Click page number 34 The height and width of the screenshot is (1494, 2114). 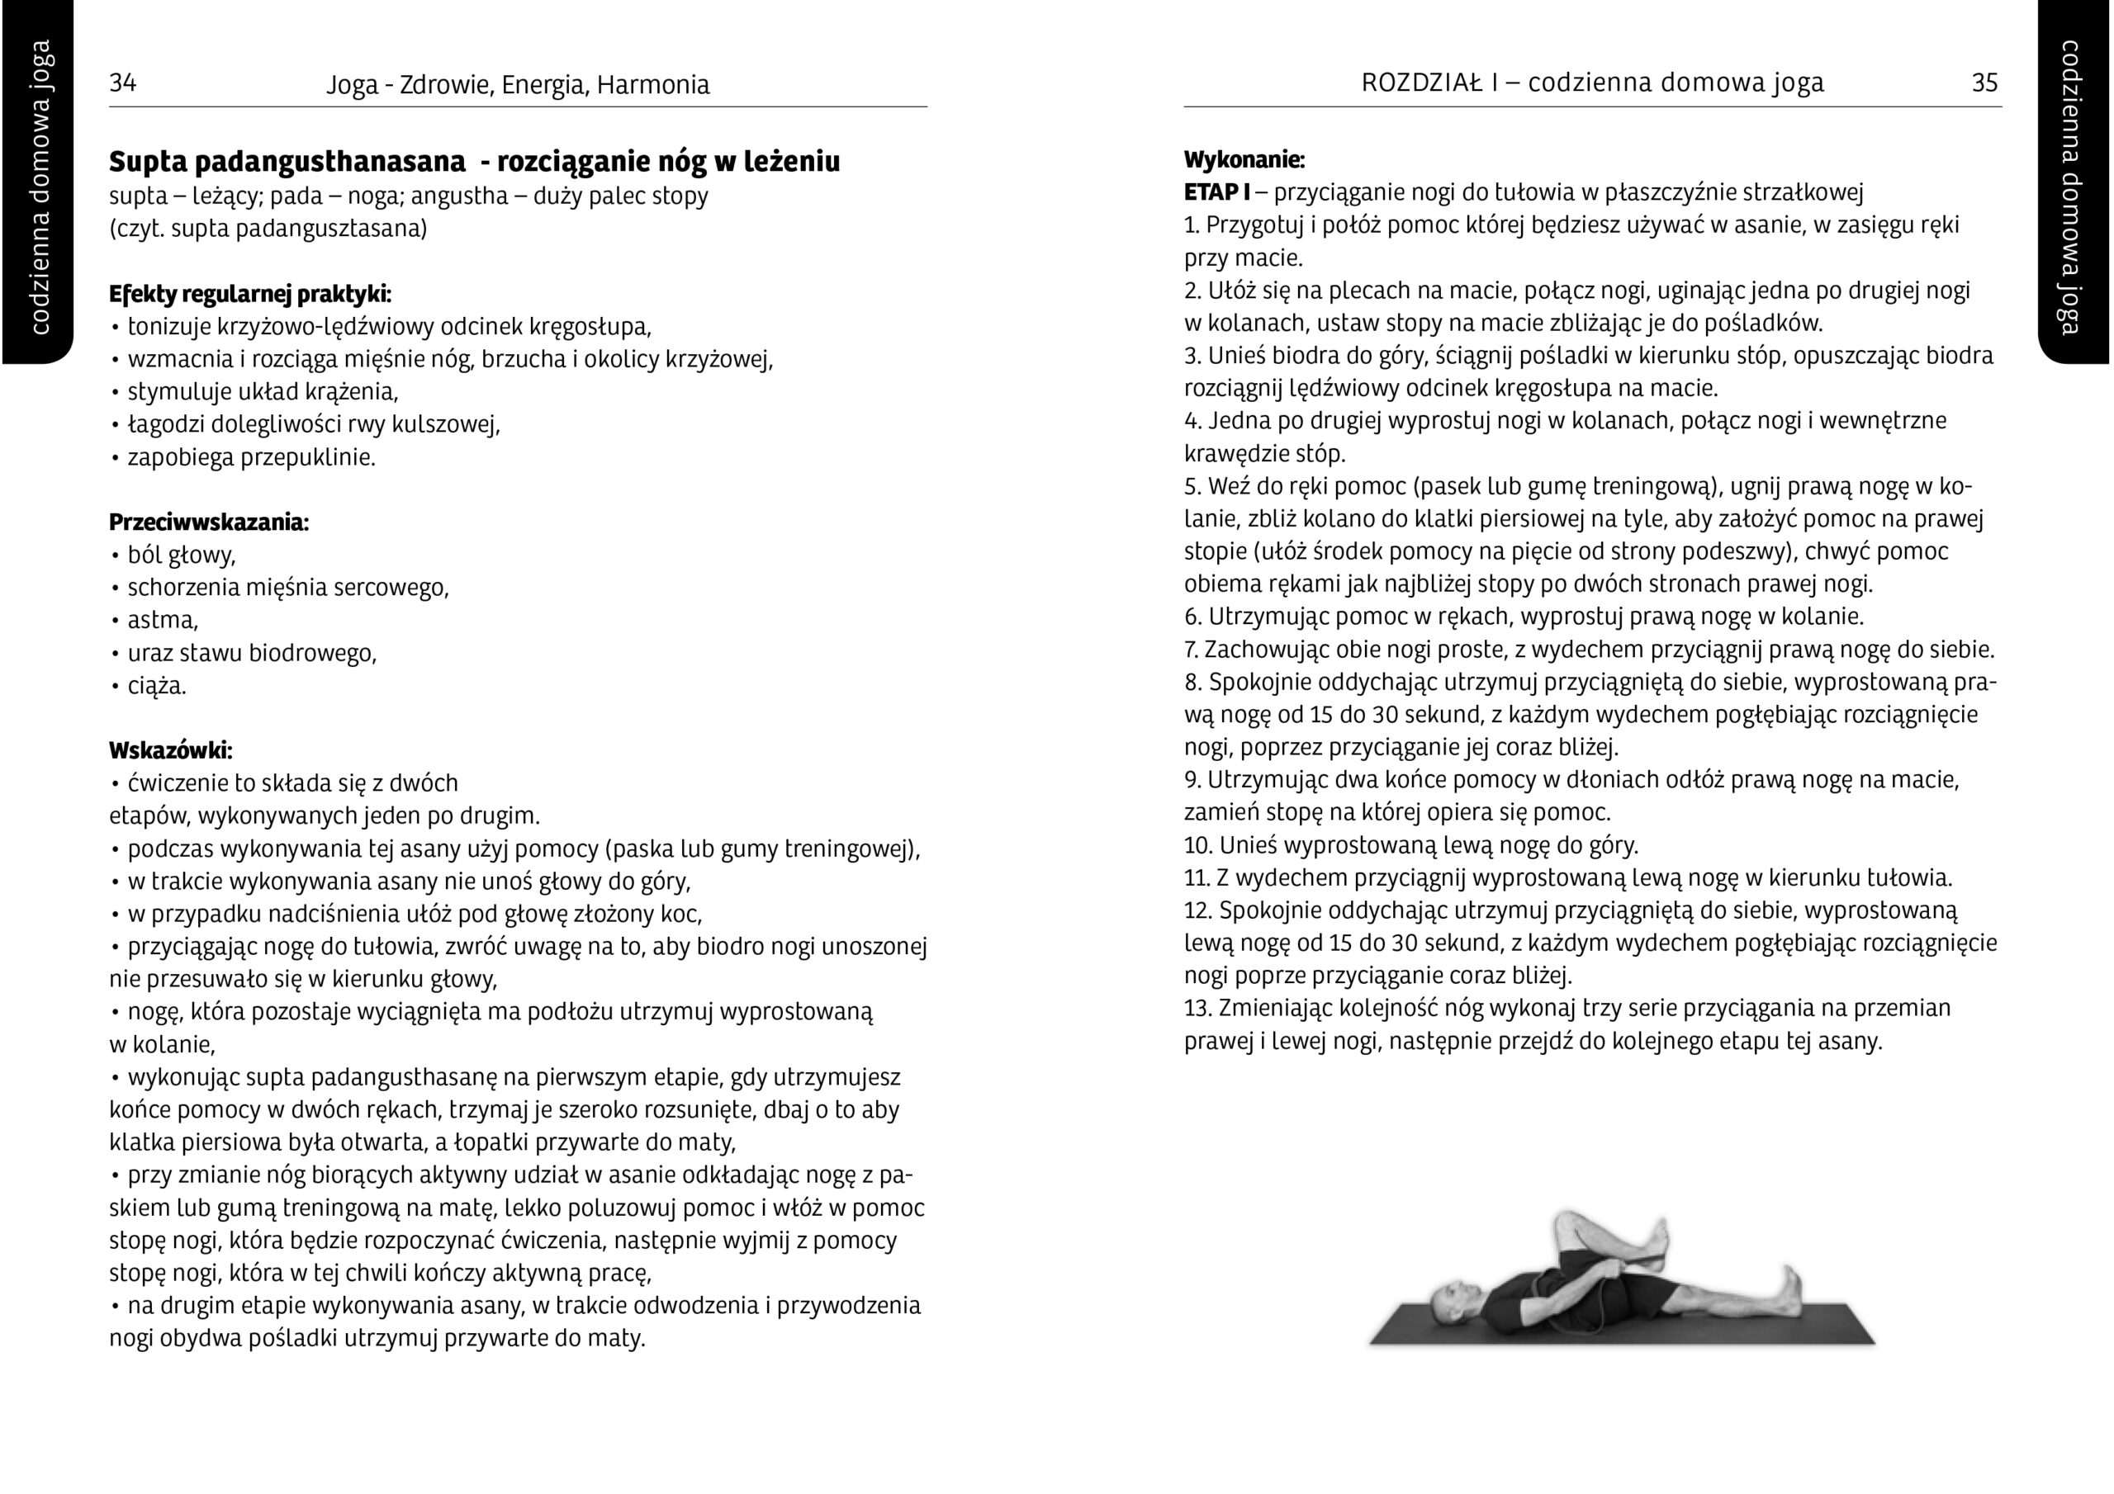(x=122, y=83)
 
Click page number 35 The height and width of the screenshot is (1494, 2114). (x=1984, y=83)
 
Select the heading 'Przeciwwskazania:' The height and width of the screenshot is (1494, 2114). (x=209, y=522)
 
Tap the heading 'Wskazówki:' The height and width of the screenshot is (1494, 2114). (x=170, y=749)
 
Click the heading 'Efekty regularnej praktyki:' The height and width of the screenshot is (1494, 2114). (x=249, y=295)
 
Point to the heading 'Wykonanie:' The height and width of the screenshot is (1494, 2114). (x=1244, y=160)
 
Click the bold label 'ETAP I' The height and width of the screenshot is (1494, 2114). (x=1216, y=192)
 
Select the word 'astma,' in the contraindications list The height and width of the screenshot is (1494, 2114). (x=163, y=620)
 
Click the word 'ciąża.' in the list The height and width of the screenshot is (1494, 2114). (x=157, y=686)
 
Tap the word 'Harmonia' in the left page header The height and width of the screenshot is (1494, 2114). (x=653, y=85)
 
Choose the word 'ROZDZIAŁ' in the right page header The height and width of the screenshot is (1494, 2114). (x=1422, y=83)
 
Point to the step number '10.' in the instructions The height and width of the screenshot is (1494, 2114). (x=1198, y=845)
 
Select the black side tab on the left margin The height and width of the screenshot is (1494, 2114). (x=37, y=184)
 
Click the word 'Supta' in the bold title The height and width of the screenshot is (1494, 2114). (x=146, y=161)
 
